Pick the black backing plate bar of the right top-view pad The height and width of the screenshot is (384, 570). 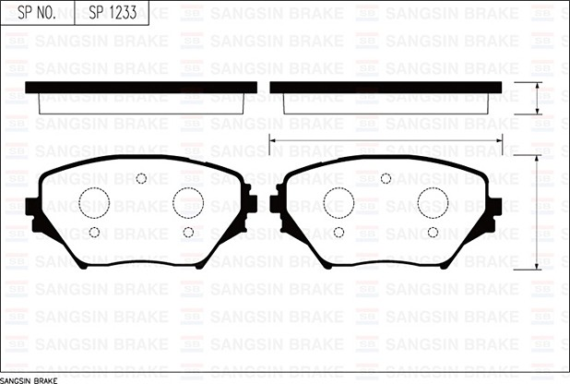pyautogui.click(x=392, y=88)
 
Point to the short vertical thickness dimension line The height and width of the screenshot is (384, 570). pyautogui.click(x=538, y=98)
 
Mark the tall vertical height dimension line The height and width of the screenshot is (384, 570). pyautogui.click(x=538, y=212)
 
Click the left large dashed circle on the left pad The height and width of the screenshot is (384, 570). pyautogui.click(x=94, y=202)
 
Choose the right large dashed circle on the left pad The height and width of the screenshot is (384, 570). pyautogui.click(x=188, y=202)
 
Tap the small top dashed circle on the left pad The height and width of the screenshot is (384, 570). pyautogui.click(x=141, y=179)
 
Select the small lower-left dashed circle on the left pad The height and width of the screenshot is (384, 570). pyautogui.click(x=94, y=232)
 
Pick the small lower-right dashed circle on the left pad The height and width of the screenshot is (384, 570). pyautogui.click(x=188, y=232)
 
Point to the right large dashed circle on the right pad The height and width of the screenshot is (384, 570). pyautogui.click(x=433, y=202)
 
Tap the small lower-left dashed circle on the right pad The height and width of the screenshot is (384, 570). pyautogui.click(x=338, y=232)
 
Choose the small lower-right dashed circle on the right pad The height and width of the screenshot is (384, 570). pyautogui.click(x=433, y=232)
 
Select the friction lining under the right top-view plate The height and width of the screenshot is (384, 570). pyautogui.click(x=392, y=102)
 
